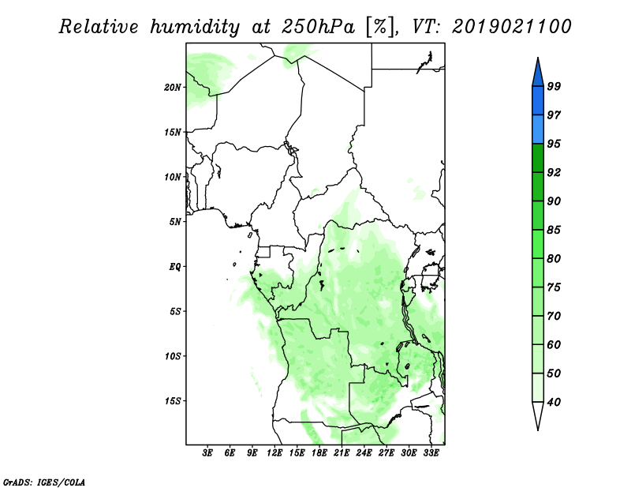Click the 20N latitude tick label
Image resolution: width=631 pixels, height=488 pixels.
tap(173, 87)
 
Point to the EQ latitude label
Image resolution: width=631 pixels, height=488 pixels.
tap(174, 266)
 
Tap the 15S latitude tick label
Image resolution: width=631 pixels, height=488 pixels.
tap(173, 400)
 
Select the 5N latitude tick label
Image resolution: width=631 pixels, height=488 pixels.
tap(175, 222)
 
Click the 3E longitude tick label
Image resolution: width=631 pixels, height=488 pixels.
tap(207, 453)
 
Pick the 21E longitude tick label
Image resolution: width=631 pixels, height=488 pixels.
tap(342, 453)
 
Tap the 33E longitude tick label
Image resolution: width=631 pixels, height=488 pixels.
tap(431, 453)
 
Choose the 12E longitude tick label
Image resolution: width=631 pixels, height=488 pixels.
tap(274, 453)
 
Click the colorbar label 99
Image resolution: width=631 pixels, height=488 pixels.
tap(554, 86)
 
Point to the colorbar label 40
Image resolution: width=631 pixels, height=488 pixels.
tap(554, 402)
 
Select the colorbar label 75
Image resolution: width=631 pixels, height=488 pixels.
tap(554, 287)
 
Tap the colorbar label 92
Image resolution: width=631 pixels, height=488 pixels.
tap(554, 172)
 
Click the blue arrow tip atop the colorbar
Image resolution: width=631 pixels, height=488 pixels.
tap(538, 58)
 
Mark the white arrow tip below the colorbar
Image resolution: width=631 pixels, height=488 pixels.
tap(538, 430)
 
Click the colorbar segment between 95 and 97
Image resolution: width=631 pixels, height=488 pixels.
tap(538, 130)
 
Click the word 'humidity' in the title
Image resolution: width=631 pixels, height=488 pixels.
tap(195, 27)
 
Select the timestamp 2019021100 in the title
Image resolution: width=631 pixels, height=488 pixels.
tap(511, 26)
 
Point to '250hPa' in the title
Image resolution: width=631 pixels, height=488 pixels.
tap(318, 27)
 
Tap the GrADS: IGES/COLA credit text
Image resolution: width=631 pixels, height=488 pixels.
tap(44, 482)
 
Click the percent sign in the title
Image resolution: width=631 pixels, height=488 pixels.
tap(380, 27)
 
